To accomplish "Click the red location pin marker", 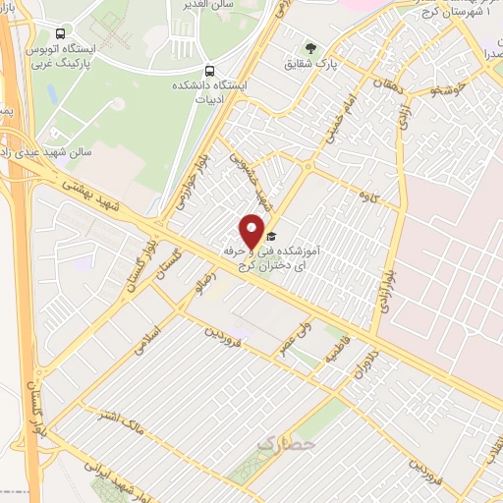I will pyautogui.click(x=251, y=232).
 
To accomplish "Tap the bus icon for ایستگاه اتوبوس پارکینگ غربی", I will pyautogui.click(x=62, y=33).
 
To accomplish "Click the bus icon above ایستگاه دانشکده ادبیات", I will pyautogui.click(x=208, y=71).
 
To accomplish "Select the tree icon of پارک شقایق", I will pyautogui.click(x=311, y=48).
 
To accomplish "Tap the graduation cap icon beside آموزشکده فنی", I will pyautogui.click(x=271, y=237).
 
